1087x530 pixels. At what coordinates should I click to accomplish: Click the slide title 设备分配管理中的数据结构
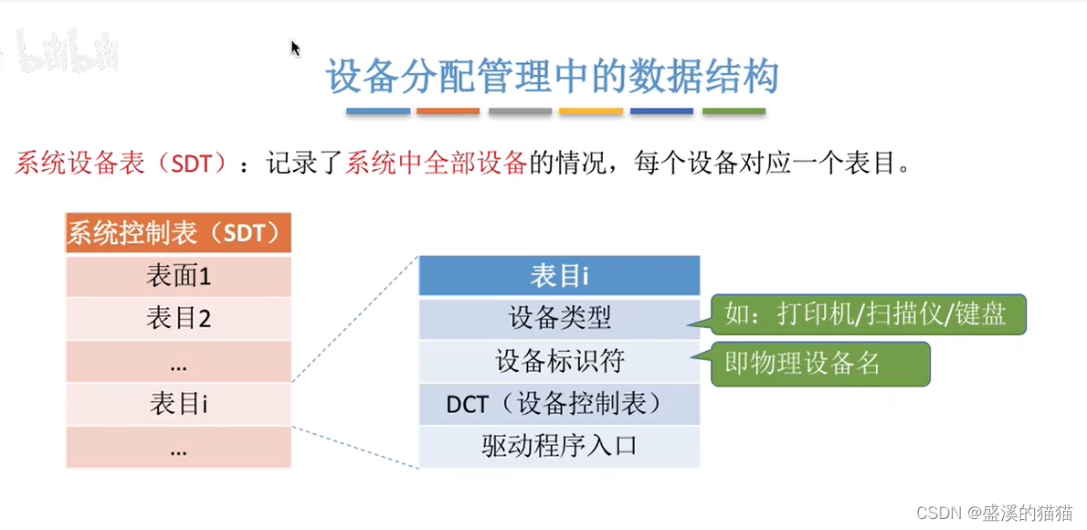click(x=553, y=77)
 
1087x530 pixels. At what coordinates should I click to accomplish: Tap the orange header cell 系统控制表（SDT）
click(x=178, y=233)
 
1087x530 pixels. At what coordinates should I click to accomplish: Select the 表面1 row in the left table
click(x=178, y=276)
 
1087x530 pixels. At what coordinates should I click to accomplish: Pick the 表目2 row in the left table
click(x=178, y=318)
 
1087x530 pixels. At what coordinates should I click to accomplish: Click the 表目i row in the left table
click(x=178, y=403)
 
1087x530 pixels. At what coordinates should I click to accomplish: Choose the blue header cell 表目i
click(x=559, y=276)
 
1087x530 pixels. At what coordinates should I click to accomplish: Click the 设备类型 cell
click(x=559, y=318)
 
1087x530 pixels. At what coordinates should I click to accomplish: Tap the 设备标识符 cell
click(x=559, y=361)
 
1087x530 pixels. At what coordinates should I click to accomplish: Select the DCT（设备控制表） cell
click(x=559, y=403)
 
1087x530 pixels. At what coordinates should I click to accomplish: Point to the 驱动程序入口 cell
click(x=559, y=446)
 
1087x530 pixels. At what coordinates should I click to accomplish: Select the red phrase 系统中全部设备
click(x=437, y=164)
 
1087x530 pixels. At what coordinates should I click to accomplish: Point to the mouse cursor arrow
click(x=295, y=48)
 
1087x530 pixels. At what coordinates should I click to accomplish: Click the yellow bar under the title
click(x=591, y=111)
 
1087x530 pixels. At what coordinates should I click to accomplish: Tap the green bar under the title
click(x=733, y=111)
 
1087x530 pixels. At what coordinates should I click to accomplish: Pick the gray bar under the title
click(x=520, y=111)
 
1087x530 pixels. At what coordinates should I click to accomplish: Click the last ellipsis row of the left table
click(x=178, y=447)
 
